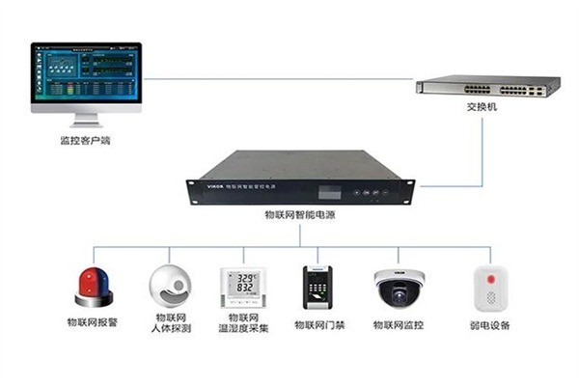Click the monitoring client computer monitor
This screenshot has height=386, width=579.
(x=86, y=76)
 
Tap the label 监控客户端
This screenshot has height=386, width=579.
(x=85, y=141)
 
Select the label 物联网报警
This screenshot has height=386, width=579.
(x=93, y=323)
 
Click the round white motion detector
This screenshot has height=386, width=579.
(x=170, y=284)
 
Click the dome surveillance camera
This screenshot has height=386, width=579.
(x=399, y=286)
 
